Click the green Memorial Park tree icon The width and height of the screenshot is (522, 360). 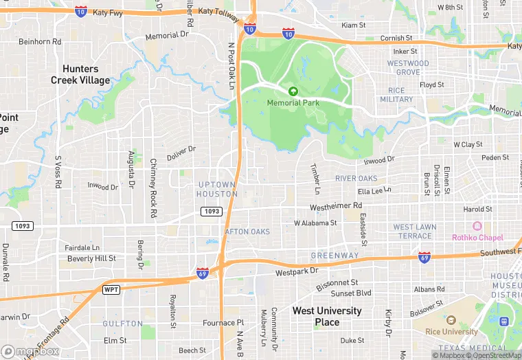293,91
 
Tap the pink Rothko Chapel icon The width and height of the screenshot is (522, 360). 477,226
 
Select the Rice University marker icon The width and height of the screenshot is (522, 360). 451,320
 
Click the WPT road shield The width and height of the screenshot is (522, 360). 111,289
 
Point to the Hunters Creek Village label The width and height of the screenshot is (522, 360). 80,74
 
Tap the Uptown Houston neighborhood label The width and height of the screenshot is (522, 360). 217,189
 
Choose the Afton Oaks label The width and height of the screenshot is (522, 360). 247,232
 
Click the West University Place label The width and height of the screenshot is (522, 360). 327,316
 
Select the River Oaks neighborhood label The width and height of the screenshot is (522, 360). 356,179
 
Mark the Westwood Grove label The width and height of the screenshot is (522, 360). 408,68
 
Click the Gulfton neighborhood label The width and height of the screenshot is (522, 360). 123,323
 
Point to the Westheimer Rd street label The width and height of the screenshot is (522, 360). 336,205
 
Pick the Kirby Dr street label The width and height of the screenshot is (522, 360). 388,322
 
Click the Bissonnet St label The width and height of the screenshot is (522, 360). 337,282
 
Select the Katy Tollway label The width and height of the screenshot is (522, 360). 216,11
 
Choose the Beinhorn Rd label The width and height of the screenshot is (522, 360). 40,41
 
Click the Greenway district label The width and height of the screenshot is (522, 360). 334,256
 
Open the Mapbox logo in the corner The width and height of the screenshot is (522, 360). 30,351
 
